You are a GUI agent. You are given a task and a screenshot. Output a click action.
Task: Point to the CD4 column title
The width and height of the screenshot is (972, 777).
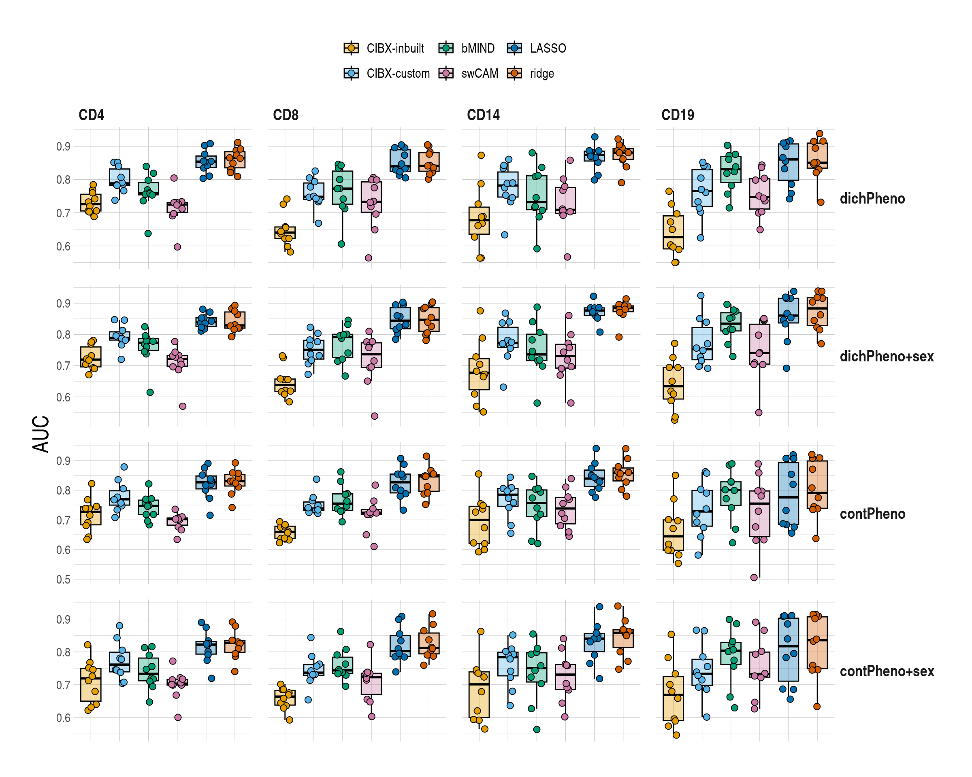(x=91, y=115)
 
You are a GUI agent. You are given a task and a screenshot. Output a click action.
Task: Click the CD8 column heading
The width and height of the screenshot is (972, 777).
(x=286, y=115)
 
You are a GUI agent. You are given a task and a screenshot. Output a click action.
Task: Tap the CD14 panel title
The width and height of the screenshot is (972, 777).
(x=483, y=115)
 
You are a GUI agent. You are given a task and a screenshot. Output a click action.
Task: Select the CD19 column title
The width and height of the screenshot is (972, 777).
(x=677, y=115)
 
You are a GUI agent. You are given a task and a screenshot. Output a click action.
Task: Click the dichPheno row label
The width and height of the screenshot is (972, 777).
(x=872, y=199)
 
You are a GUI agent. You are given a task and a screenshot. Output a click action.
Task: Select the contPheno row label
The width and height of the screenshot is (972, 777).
(x=872, y=514)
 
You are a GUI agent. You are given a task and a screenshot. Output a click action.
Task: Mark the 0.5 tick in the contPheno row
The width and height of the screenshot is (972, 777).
(x=63, y=579)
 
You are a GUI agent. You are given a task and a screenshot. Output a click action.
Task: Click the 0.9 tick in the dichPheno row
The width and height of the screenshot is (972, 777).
(x=63, y=146)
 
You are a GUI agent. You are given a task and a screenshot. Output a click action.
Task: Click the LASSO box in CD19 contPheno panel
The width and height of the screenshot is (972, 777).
(x=788, y=494)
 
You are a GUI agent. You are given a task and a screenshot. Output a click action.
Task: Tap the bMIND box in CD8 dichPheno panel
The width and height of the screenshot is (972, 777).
(x=343, y=187)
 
